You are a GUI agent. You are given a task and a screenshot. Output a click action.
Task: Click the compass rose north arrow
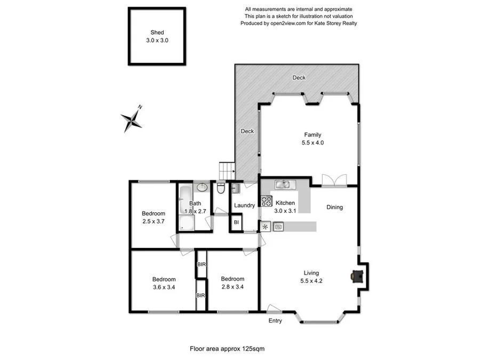tap(131, 120)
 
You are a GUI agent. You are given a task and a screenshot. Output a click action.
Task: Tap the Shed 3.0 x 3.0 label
tap(157, 36)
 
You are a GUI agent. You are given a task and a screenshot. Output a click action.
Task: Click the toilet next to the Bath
tap(220, 188)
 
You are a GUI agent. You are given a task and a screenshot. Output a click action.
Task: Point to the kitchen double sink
tap(283, 185)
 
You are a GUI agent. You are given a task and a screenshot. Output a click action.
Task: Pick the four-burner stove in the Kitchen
tap(266, 201)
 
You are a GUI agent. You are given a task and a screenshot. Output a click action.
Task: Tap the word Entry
tap(275, 321)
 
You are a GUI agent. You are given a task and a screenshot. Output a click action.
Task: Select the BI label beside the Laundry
tap(236, 222)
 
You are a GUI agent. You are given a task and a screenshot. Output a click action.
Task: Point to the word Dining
tap(334, 207)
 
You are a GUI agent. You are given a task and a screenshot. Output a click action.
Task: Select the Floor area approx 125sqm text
tap(227, 349)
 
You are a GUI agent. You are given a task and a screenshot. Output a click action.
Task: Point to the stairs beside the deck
tap(227, 171)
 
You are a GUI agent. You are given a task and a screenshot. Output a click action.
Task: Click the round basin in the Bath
tap(202, 187)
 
